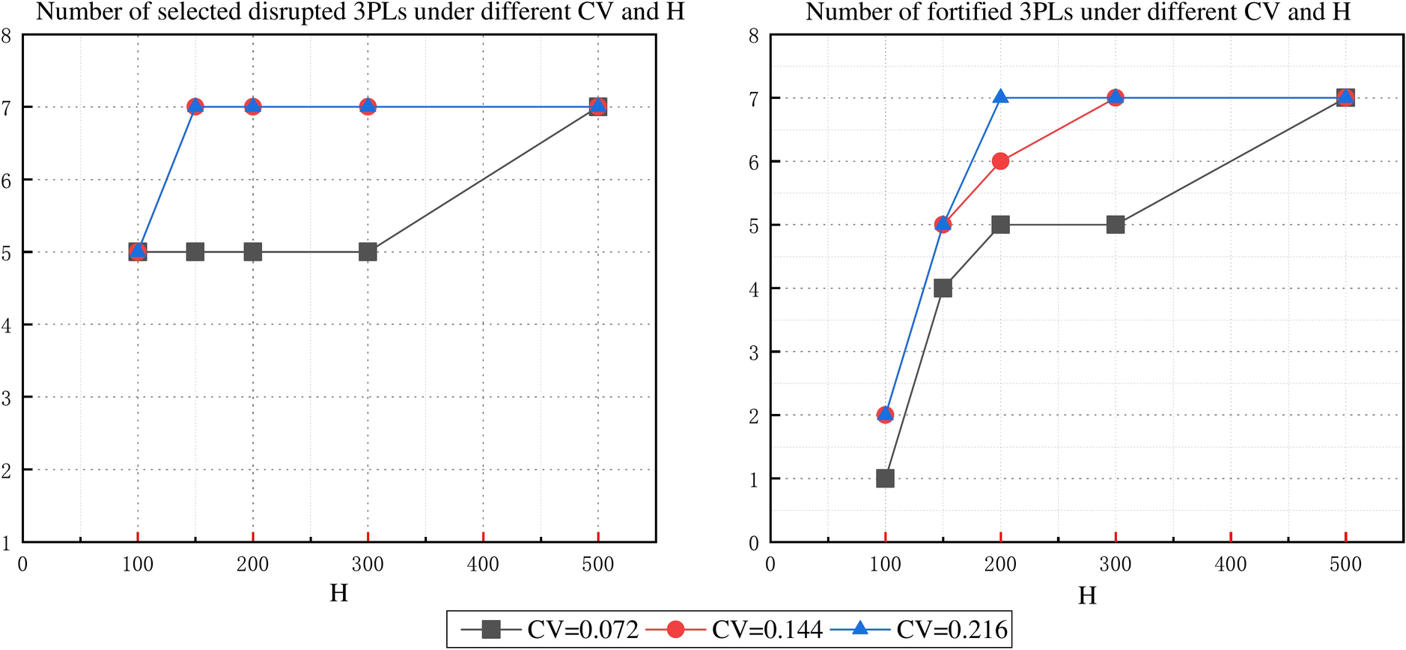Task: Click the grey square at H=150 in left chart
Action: pos(195,252)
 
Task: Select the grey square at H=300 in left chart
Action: pos(368,252)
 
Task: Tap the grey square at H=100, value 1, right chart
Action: pos(885,478)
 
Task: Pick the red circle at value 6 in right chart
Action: pos(1000,161)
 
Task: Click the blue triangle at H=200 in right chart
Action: pos(1000,97)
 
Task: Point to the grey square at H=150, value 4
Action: pos(943,288)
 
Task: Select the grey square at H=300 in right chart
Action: pos(1115,225)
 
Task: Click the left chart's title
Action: pos(360,12)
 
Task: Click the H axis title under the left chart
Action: pos(338,593)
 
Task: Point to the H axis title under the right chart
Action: pos(1087,595)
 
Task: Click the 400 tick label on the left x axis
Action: pos(483,564)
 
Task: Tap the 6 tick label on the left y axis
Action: pos(6,180)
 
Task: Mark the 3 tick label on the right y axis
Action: pos(754,352)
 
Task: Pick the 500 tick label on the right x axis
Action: pos(1345,564)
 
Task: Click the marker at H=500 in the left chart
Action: pos(597,106)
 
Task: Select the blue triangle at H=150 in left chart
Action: pos(195,106)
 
